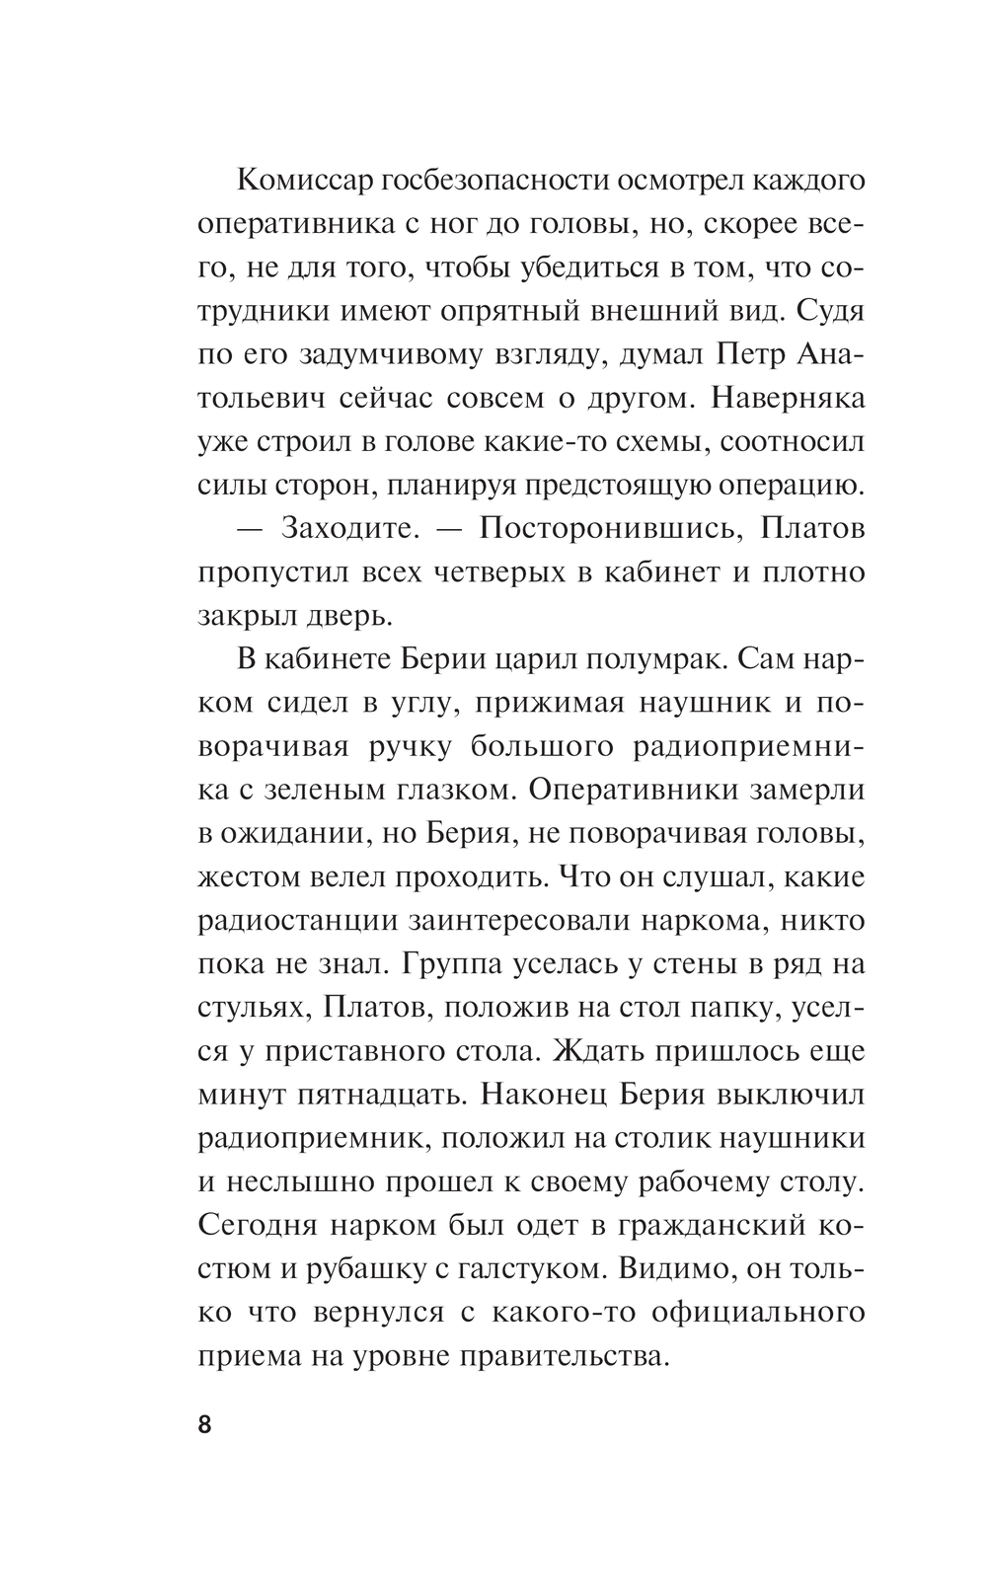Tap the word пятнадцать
coord(372,1094)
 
